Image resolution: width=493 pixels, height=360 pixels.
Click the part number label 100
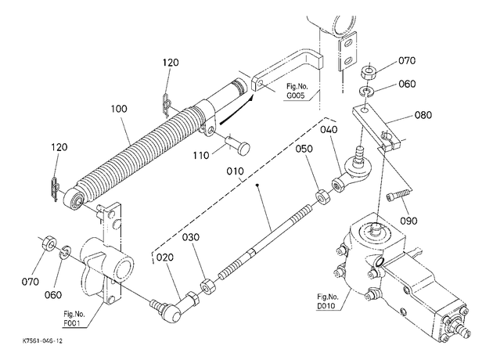click(x=119, y=109)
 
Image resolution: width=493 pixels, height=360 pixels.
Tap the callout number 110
click(x=201, y=155)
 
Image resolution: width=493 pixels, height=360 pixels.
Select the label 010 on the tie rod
click(x=236, y=171)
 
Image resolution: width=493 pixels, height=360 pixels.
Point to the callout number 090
click(x=408, y=221)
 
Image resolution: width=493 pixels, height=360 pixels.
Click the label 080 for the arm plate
click(x=423, y=115)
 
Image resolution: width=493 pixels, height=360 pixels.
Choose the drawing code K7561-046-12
click(x=42, y=341)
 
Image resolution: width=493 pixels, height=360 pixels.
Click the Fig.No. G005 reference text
click(x=296, y=91)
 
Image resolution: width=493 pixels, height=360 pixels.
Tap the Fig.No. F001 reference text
click(x=74, y=319)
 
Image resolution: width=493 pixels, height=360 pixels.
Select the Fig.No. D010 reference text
click(x=328, y=301)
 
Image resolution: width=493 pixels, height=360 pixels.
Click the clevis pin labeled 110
click(x=238, y=145)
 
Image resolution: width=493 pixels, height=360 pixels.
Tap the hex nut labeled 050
click(x=322, y=196)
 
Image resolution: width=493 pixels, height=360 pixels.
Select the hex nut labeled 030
click(x=207, y=286)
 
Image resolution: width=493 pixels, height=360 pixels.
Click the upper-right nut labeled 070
click(x=369, y=73)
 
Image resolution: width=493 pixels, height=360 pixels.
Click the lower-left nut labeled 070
click(x=49, y=243)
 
